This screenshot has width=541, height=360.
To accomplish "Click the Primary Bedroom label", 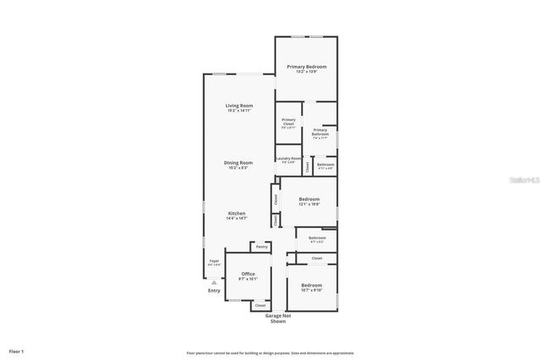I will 306,66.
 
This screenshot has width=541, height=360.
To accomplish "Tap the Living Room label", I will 238,106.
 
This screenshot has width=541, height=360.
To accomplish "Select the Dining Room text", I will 238,162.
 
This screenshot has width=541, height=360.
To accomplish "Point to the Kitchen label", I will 237,213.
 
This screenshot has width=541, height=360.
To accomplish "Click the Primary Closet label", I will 288,120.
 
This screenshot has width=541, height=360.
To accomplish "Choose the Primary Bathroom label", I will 320,131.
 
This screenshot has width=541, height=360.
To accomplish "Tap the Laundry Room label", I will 288,158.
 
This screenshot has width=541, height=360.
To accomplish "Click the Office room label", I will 248,274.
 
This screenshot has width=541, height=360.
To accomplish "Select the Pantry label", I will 262,247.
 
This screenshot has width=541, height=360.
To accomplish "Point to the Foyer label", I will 214,261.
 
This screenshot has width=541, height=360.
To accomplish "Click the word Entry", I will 214,291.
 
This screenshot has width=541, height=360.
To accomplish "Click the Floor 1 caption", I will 17,350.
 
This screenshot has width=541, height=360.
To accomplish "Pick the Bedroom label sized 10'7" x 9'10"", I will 311,285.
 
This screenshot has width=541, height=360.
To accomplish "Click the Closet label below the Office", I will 248,305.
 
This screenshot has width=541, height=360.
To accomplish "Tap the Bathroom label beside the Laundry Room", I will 325,165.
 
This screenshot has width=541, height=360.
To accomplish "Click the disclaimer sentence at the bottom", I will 270,353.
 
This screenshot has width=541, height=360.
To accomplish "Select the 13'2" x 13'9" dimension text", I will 306,72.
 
